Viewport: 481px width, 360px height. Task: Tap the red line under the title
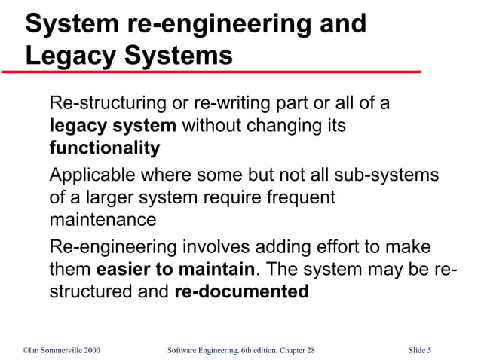pos(211,72)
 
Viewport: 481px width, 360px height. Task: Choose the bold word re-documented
pos(241,292)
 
